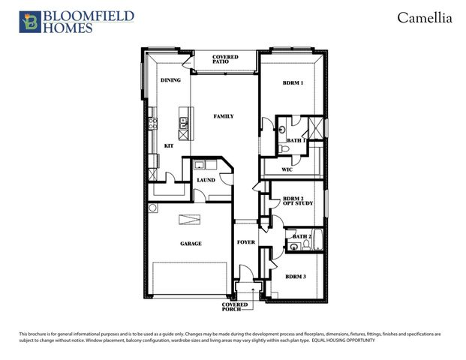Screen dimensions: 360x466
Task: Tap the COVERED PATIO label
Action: (x=225, y=58)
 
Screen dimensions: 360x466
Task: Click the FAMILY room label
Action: (x=223, y=116)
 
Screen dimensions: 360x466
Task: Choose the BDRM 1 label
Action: (x=293, y=82)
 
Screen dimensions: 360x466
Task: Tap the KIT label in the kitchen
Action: (x=169, y=145)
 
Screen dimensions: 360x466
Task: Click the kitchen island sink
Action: (x=182, y=124)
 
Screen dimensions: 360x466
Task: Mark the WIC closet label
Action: (x=287, y=170)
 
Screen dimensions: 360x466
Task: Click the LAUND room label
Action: (x=206, y=180)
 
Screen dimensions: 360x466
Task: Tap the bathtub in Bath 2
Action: (x=317, y=240)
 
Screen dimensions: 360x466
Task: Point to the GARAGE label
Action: (x=190, y=243)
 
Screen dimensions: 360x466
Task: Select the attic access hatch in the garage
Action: (x=190, y=218)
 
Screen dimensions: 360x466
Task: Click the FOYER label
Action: (x=246, y=242)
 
